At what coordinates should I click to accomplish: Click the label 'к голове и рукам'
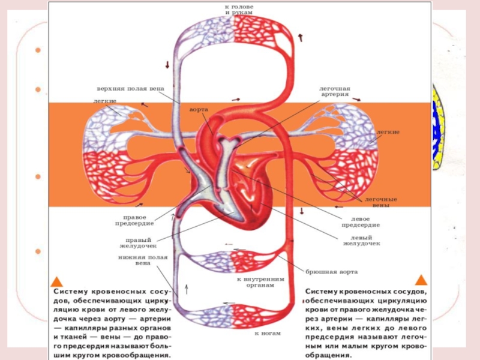coord(239,9)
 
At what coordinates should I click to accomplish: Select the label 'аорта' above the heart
coord(199,110)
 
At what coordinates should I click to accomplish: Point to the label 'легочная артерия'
coord(334,91)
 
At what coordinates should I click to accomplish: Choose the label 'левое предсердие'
coord(360,222)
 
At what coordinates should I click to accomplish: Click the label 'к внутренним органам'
coord(260,282)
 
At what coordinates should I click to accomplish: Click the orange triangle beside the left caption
coord(57,280)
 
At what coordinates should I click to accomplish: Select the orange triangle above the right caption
coord(421,280)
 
